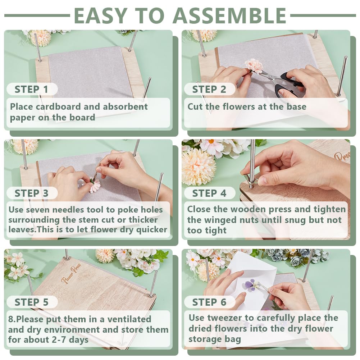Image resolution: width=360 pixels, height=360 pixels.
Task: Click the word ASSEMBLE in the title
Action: tap(229, 15)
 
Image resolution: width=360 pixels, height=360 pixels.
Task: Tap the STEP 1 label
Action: tap(31, 89)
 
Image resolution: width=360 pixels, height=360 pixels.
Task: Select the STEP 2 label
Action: tap(209, 89)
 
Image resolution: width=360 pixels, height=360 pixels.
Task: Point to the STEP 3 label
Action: tap(31, 193)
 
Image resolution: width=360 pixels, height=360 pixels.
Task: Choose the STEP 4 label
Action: tap(209, 193)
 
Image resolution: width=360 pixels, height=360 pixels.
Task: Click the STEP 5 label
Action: tap(31, 302)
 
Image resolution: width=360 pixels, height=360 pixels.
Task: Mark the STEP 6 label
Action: tap(209, 302)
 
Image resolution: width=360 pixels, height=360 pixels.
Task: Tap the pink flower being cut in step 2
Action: tap(254, 65)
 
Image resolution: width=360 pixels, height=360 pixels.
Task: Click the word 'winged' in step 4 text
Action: tap(220, 220)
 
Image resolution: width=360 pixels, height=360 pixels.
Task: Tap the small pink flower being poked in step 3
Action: tap(95, 186)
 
